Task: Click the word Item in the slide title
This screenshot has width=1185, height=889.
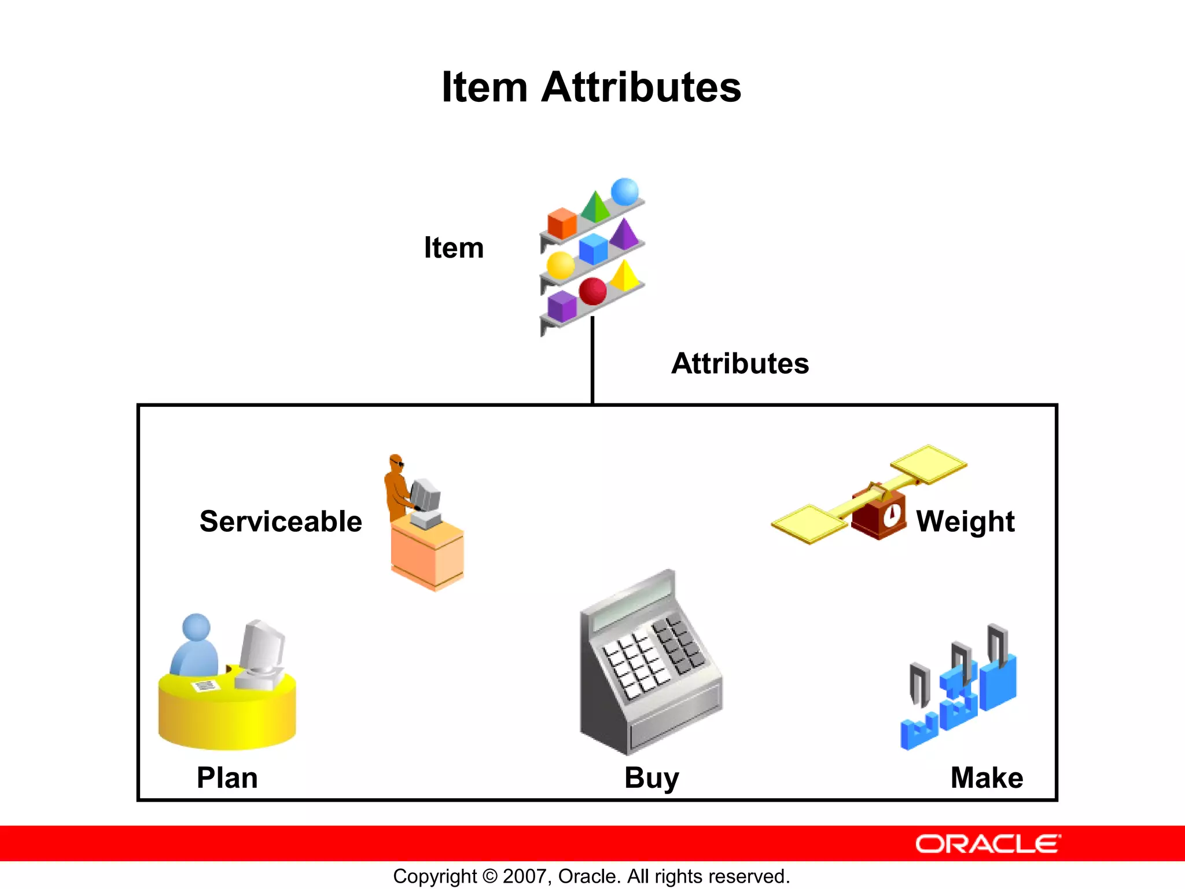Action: (x=484, y=88)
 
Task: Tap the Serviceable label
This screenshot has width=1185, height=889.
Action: (x=281, y=521)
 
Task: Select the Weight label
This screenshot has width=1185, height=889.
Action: (x=965, y=521)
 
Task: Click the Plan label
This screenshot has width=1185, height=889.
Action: (x=227, y=777)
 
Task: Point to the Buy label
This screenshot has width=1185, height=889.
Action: (x=652, y=778)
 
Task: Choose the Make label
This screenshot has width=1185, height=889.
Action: (x=987, y=777)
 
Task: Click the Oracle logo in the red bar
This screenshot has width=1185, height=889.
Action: (x=988, y=844)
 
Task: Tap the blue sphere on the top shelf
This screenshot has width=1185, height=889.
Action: (x=624, y=192)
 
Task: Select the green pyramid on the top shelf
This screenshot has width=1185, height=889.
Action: (x=595, y=207)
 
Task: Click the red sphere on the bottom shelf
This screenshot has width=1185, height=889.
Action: (x=592, y=291)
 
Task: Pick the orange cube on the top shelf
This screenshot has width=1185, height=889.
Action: (x=562, y=223)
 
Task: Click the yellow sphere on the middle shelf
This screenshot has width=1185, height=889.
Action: (x=560, y=266)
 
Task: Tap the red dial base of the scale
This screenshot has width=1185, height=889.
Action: (x=878, y=513)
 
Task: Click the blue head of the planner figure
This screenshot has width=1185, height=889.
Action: (x=196, y=627)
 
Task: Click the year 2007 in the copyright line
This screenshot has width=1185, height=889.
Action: (x=523, y=876)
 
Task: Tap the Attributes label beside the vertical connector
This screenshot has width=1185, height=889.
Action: (x=740, y=363)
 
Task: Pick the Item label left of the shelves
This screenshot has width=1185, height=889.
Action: (x=454, y=248)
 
